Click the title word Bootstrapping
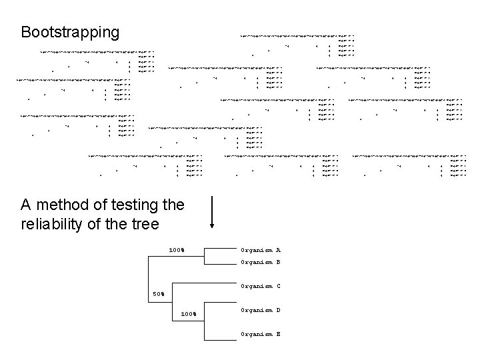click(x=71, y=32)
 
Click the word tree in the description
click(x=145, y=225)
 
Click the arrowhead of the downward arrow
click(x=211, y=232)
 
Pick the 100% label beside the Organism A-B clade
click(x=176, y=251)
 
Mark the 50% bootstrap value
click(x=159, y=293)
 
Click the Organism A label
click(x=260, y=250)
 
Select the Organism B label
click(x=260, y=262)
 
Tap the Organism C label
click(x=260, y=287)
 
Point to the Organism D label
click(x=260, y=310)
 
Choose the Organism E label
click(x=260, y=333)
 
